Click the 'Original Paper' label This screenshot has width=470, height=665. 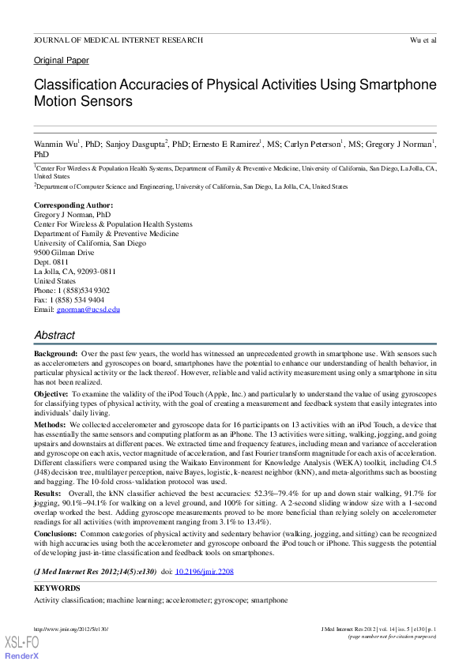[62, 61]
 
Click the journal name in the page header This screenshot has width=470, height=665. [118, 39]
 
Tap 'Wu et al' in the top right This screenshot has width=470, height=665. [423, 39]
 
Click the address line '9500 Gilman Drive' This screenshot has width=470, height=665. [64, 253]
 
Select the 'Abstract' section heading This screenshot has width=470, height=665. [55, 336]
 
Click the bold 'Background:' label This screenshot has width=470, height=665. [55, 355]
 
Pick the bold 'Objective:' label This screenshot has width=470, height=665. [52, 393]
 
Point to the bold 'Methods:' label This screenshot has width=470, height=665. [50, 425]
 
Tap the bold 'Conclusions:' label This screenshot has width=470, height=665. [56, 534]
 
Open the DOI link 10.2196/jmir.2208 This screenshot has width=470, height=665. [204, 572]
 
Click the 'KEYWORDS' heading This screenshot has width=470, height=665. [57, 588]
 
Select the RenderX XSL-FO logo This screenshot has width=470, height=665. [21, 647]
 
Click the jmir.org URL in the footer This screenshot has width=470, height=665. [70, 629]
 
